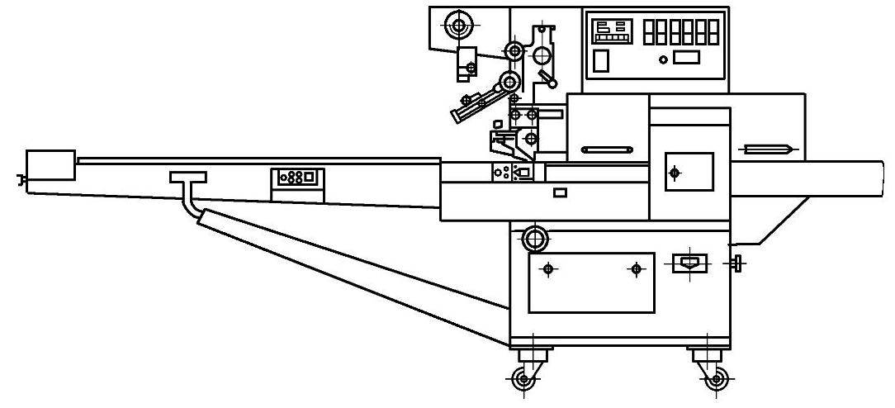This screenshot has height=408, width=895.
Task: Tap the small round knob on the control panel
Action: pyautogui.click(x=662, y=59)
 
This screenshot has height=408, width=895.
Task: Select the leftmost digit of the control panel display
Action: pyautogui.click(x=649, y=32)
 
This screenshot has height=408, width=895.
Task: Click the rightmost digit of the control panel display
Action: pyautogui.click(x=713, y=32)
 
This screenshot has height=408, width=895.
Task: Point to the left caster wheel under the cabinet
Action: pyautogui.click(x=522, y=380)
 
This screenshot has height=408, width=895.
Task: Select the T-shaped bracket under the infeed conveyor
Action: pyautogui.click(x=188, y=177)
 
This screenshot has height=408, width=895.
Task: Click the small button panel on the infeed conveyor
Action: pyautogui.click(x=297, y=177)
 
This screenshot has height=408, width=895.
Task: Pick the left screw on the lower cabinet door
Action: pyautogui.click(x=547, y=269)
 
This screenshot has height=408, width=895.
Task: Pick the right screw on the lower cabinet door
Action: pyautogui.click(x=636, y=269)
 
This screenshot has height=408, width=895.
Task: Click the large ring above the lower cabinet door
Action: pyautogui.click(x=535, y=240)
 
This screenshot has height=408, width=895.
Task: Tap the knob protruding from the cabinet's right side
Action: pyautogui.click(x=737, y=264)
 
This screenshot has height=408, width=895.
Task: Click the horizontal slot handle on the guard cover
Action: pyautogui.click(x=607, y=149)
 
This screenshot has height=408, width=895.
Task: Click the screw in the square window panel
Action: pyautogui.click(x=675, y=173)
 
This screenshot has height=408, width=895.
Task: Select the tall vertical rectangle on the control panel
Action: pyautogui.click(x=602, y=60)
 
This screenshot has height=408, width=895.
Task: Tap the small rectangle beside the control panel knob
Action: pyautogui.click(x=687, y=57)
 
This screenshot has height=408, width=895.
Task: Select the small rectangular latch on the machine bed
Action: pyautogui.click(x=560, y=192)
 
